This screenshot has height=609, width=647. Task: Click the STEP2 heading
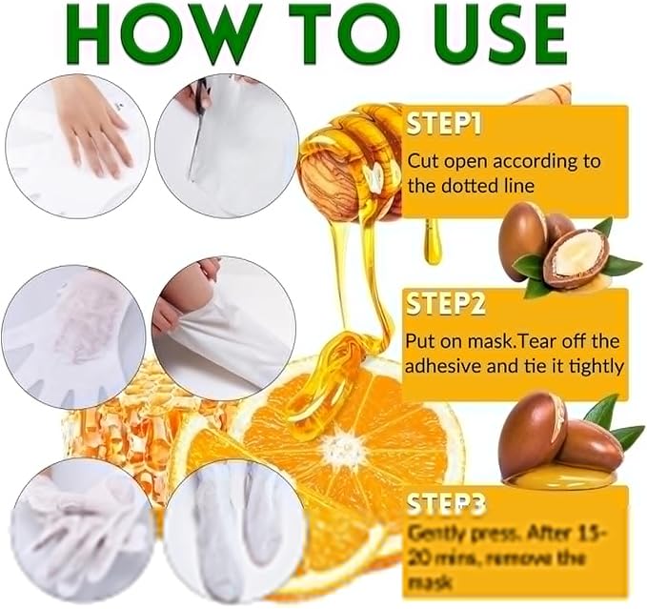pos(445,306)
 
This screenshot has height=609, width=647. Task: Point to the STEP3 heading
pos(445,500)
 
